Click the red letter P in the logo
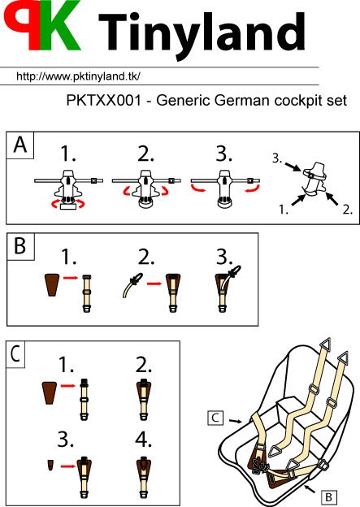tap(22, 24)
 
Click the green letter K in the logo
tap(60, 25)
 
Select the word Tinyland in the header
tap(202, 34)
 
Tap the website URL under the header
tap(78, 76)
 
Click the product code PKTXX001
tap(104, 100)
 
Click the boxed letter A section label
tap(20, 145)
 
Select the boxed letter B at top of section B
tap(20, 245)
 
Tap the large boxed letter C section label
tap(16, 353)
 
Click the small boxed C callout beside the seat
tap(215, 418)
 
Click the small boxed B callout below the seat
tap(328, 496)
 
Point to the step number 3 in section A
tap(224, 154)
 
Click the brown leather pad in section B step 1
tap(52, 284)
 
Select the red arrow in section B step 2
tap(154, 284)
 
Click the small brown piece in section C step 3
tap(50, 465)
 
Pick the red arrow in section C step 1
tap(68, 385)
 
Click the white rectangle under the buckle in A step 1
tap(68, 206)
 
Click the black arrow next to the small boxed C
tap(236, 421)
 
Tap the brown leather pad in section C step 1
tap(50, 392)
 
